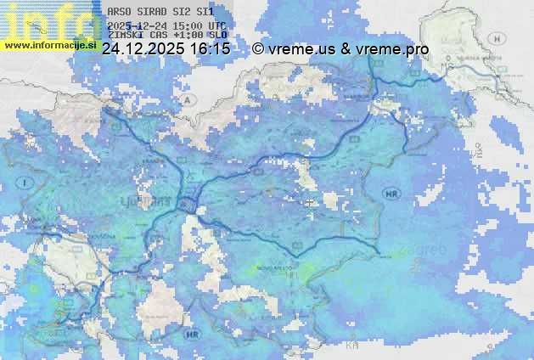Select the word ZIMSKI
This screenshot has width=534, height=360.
(x=126, y=37)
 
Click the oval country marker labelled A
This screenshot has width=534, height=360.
(x=185, y=99)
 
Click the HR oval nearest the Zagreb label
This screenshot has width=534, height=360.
(x=391, y=193)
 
